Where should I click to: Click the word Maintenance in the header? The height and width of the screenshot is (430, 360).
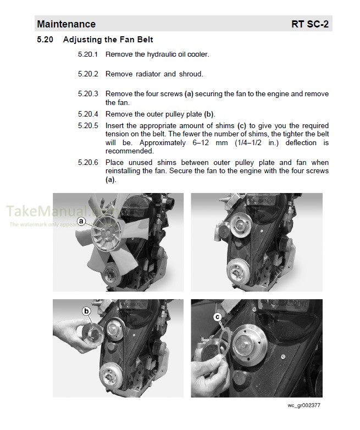[66, 24]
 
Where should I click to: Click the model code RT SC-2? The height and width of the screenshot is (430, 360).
[311, 24]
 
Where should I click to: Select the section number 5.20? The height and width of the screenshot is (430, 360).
[45, 40]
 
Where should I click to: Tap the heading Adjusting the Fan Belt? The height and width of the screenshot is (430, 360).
[108, 40]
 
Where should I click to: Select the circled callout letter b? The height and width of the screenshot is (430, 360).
[87, 311]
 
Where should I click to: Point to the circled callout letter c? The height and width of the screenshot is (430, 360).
[218, 317]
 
